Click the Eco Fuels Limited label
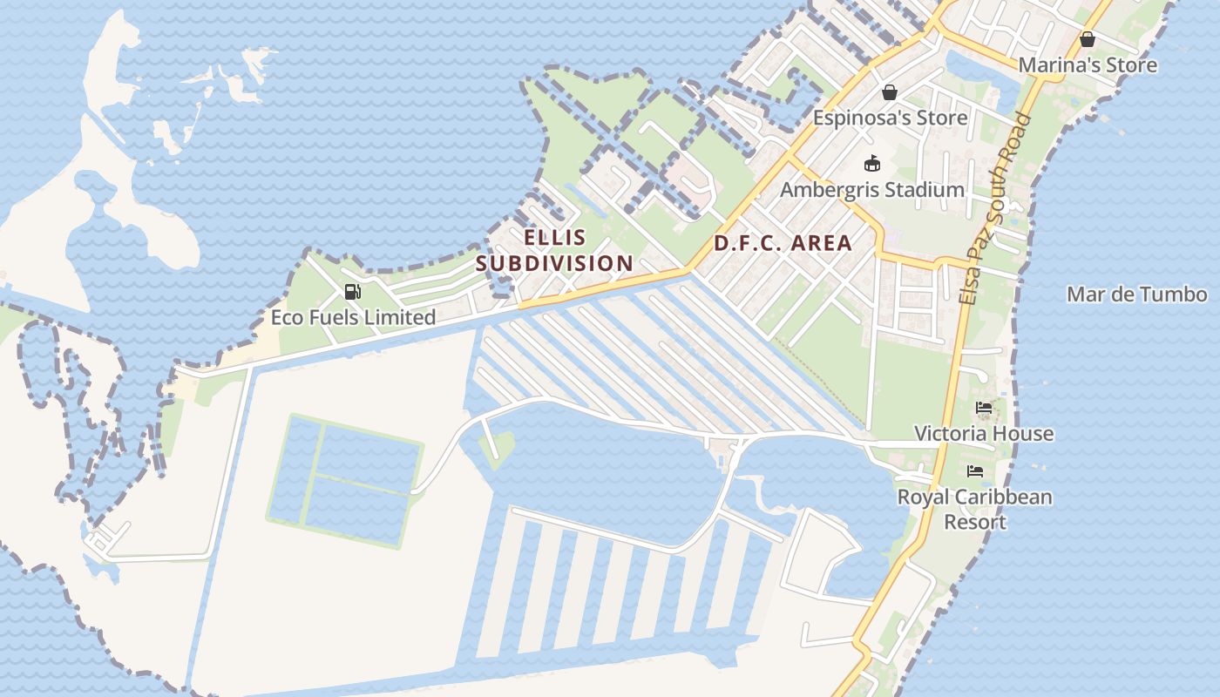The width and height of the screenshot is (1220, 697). (x=353, y=317)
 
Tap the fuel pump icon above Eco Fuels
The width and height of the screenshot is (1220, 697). (x=352, y=292)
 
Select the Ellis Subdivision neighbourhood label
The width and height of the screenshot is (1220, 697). (x=555, y=250)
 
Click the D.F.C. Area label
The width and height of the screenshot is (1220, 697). (x=783, y=243)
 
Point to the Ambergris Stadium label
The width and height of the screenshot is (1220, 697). (x=872, y=189)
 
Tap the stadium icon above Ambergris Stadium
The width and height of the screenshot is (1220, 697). (x=871, y=163)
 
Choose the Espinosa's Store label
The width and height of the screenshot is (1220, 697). (x=890, y=118)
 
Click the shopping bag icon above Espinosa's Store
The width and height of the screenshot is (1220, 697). (x=890, y=91)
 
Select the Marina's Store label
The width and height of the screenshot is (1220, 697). (x=1088, y=64)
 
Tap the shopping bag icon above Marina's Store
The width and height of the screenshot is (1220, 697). (x=1087, y=38)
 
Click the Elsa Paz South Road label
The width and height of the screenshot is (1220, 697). (x=993, y=209)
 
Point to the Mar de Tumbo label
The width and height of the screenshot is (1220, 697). (x=1137, y=294)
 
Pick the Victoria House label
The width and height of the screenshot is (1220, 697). (x=984, y=433)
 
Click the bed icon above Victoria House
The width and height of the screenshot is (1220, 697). (x=984, y=407)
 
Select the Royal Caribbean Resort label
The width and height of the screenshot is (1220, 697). (x=975, y=509)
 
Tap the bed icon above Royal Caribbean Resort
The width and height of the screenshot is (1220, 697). (x=975, y=471)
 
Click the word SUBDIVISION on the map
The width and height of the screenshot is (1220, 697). (x=555, y=263)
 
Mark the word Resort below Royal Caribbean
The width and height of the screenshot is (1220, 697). (x=975, y=522)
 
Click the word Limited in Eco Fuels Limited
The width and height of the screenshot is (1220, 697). (x=399, y=317)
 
